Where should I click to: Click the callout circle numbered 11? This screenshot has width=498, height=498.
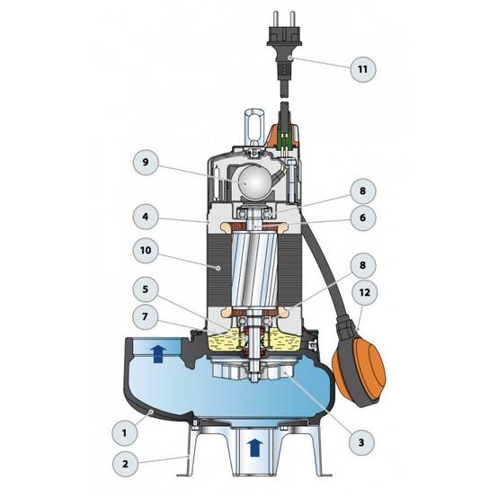[362, 69]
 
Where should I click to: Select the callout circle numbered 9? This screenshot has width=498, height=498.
[146, 163]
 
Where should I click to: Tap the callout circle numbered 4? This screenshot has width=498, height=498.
[146, 217]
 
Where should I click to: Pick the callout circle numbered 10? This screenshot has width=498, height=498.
[146, 250]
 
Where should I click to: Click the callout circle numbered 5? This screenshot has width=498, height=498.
[146, 289]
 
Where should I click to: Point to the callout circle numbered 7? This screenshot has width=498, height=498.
[146, 316]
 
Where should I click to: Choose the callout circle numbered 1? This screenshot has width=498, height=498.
[124, 433]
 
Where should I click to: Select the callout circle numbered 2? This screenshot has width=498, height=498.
[125, 464]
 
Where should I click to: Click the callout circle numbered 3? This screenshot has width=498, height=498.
[361, 442]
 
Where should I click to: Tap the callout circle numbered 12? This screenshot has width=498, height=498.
[365, 292]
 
